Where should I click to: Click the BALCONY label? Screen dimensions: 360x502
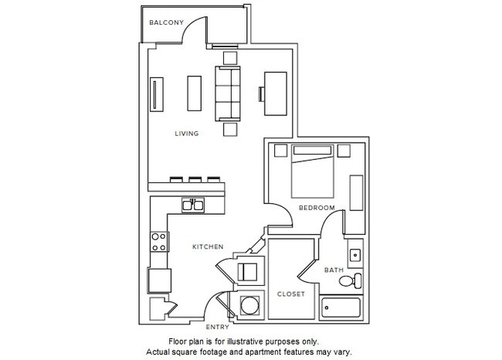click(x=165, y=22)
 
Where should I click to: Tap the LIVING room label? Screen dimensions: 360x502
click(x=187, y=134)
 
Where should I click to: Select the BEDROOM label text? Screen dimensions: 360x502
click(x=317, y=209)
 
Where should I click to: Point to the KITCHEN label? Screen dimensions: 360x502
click(x=208, y=247)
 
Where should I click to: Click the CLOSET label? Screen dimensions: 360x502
click(x=290, y=294)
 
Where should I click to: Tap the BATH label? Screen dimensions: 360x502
click(x=334, y=270)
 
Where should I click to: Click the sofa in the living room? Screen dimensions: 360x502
click(x=227, y=90)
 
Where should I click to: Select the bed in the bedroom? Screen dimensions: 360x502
click(x=313, y=175)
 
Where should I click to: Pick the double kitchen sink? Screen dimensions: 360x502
click(x=192, y=205)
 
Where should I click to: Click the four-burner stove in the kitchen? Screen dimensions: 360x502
click(x=158, y=242)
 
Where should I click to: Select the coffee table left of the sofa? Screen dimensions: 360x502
click(x=192, y=93)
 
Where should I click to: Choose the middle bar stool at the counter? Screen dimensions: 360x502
click(x=195, y=178)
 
